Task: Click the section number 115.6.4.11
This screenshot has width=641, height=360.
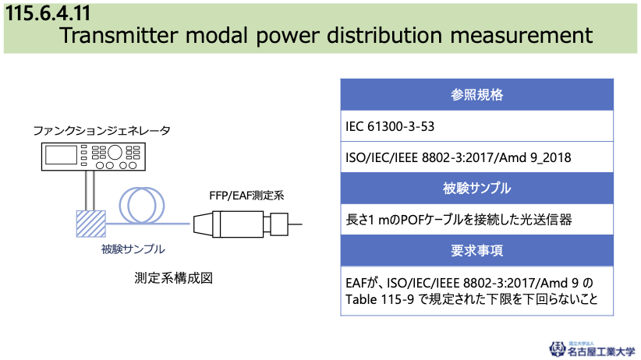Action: [x=48, y=12]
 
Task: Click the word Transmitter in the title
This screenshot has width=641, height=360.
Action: [x=119, y=35]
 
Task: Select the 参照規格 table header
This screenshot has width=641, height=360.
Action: [x=476, y=95]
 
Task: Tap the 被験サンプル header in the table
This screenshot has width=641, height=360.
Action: [x=476, y=188]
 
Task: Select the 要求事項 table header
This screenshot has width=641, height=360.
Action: [x=476, y=250]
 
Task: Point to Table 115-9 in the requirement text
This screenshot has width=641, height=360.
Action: [x=380, y=299]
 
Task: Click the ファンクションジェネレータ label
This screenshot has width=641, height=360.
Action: [x=101, y=131]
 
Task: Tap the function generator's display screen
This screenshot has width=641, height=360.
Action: [x=61, y=155]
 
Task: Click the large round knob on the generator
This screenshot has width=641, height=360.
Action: [x=115, y=152]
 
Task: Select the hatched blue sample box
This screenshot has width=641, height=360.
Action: [x=90, y=224]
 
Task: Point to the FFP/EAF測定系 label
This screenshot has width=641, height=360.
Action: [x=246, y=196]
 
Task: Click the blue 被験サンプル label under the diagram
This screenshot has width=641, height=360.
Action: [x=133, y=249]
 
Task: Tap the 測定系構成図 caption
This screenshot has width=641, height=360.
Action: [x=173, y=278]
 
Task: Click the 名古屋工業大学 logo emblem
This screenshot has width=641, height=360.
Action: [x=557, y=349]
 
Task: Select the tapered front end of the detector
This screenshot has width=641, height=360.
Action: [x=203, y=224]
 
